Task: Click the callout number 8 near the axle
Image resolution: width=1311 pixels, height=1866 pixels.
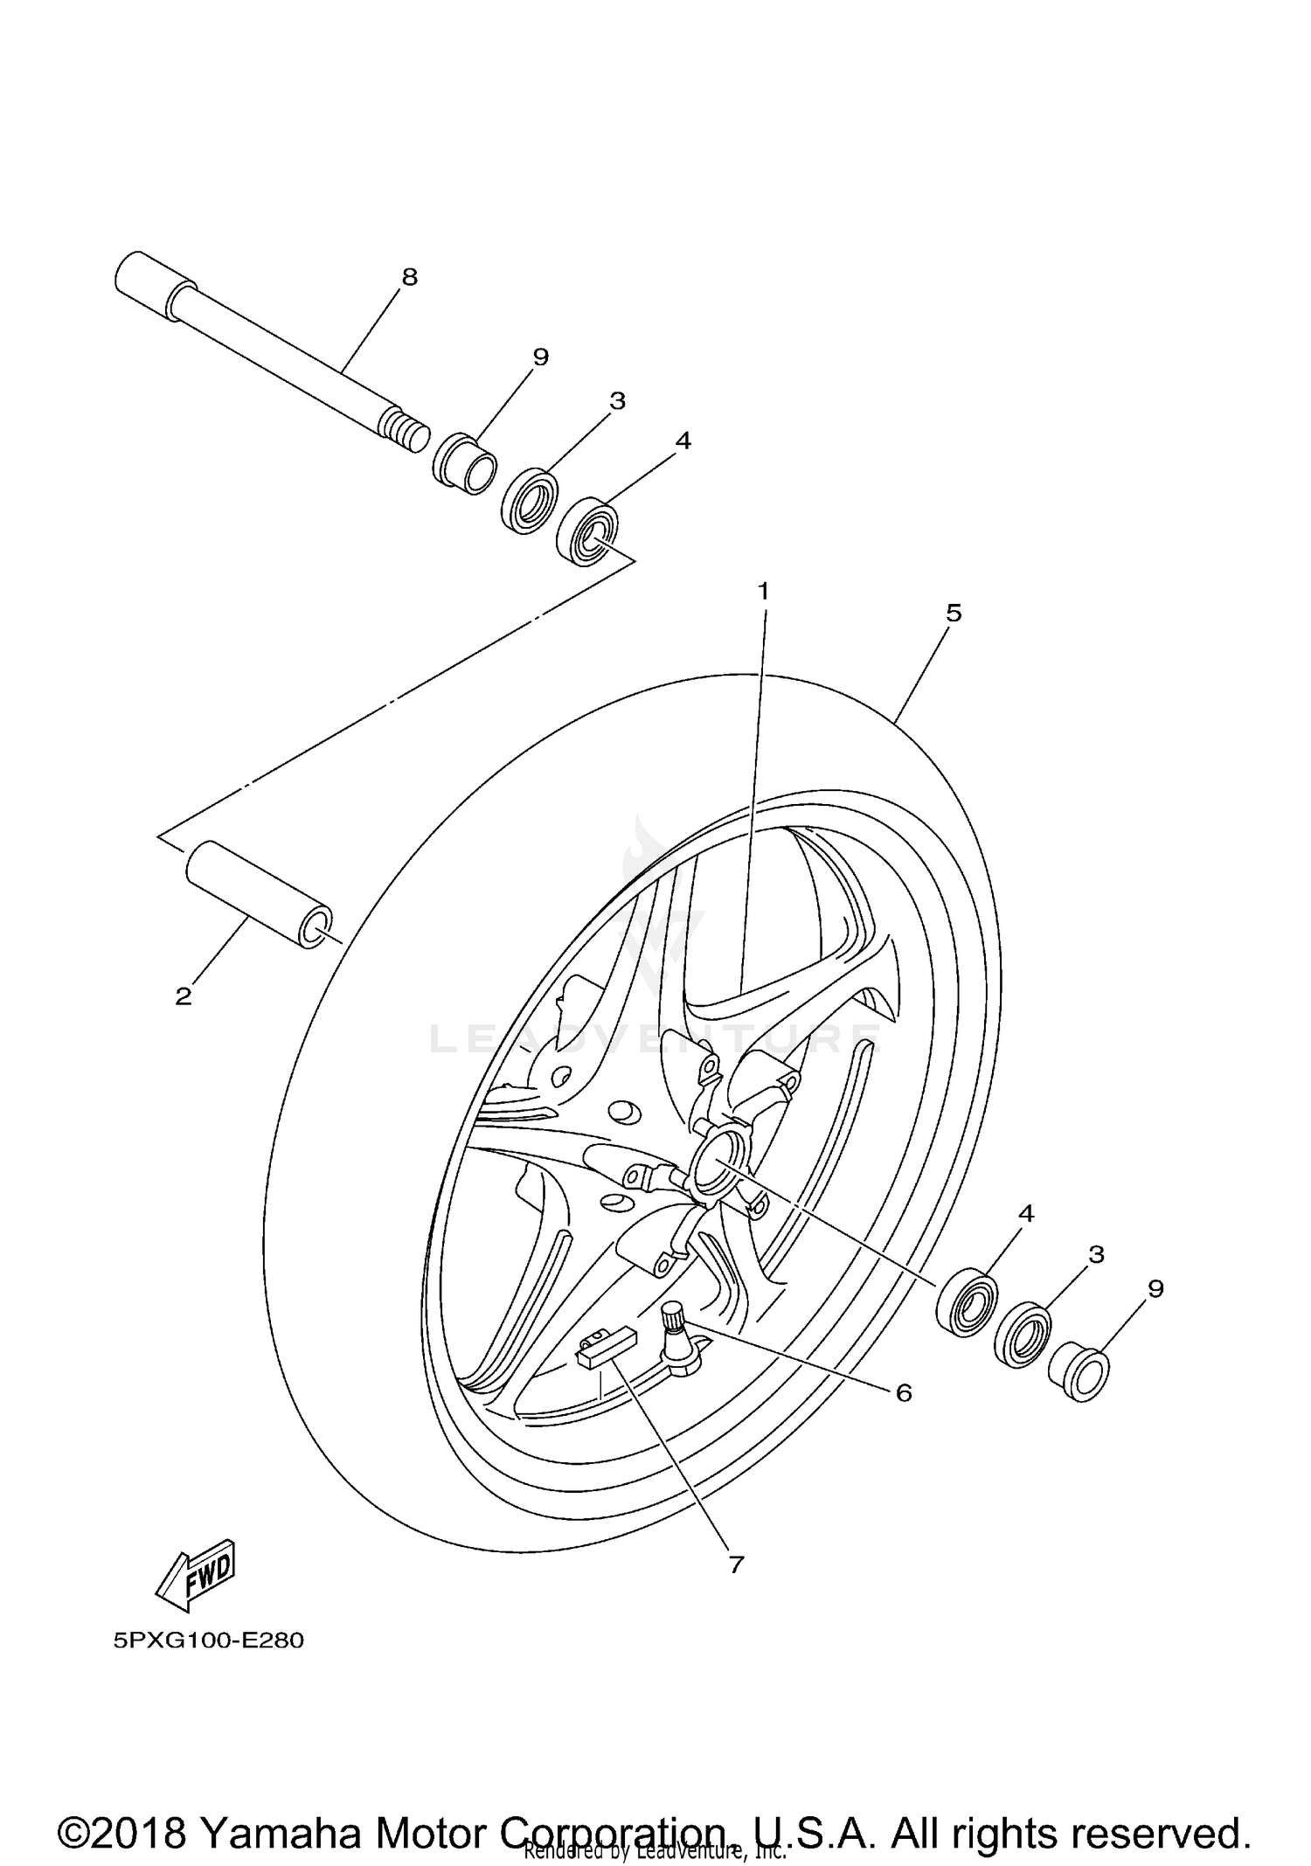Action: tap(409, 277)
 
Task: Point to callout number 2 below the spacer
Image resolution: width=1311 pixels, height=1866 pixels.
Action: tap(183, 996)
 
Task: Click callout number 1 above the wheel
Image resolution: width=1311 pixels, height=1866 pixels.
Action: tap(763, 592)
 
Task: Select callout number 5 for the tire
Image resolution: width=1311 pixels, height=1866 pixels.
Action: tap(954, 614)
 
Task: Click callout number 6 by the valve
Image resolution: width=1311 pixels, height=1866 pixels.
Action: tap(904, 1392)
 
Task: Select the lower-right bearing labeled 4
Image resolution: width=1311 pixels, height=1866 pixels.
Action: tap(968, 1302)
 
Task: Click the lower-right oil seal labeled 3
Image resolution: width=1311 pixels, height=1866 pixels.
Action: tap(1022, 1334)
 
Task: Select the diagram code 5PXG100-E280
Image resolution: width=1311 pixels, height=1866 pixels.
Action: tap(208, 1641)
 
